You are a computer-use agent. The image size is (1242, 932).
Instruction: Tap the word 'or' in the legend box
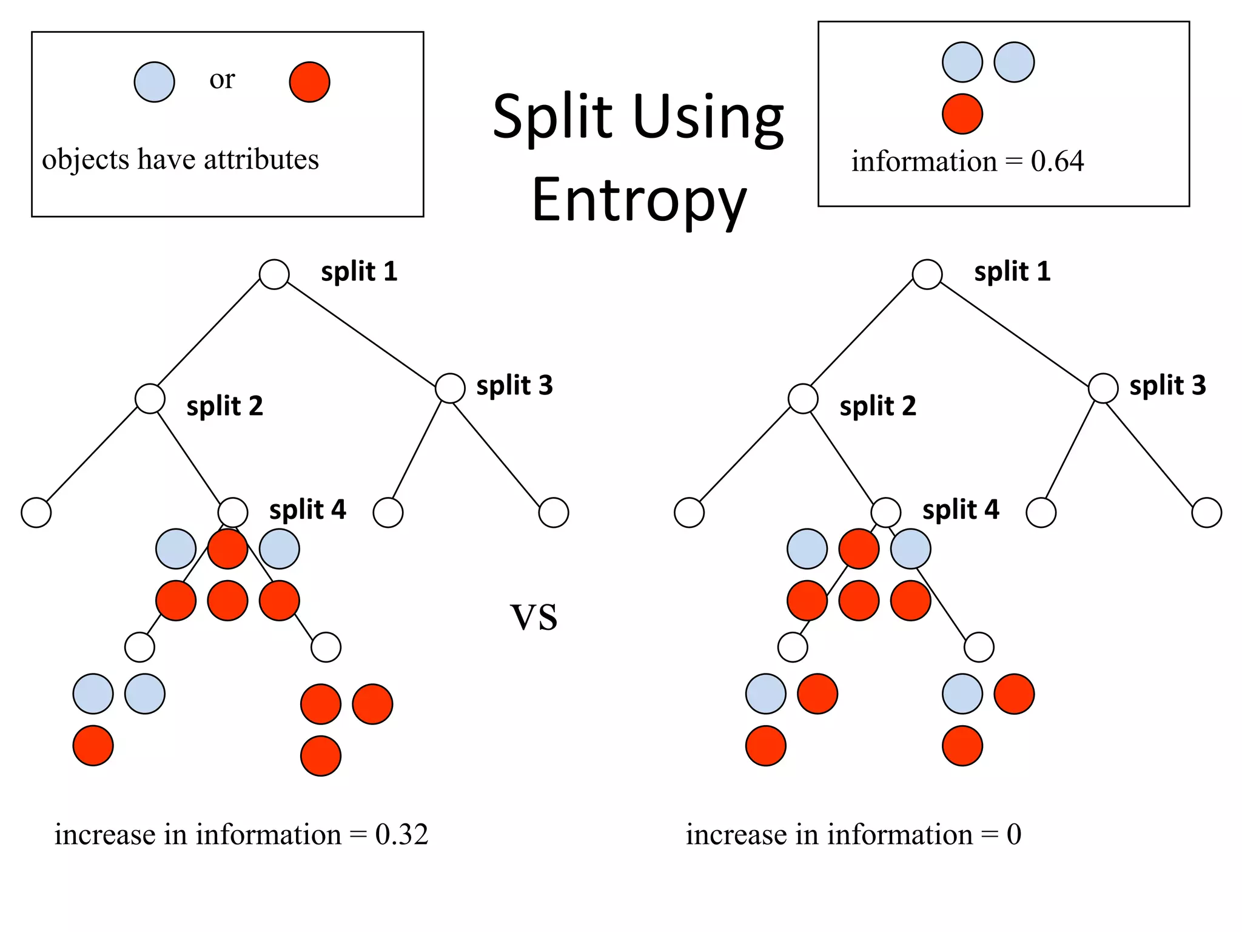pos(222,79)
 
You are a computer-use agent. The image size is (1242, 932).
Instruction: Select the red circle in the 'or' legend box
pos(309,82)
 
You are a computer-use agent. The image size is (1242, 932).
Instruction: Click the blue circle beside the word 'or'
pos(154,82)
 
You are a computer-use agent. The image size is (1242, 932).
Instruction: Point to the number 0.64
pos(1057,161)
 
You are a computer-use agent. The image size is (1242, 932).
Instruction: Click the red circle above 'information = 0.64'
pos(962,113)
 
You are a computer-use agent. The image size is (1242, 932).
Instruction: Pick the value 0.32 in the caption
pos(401,834)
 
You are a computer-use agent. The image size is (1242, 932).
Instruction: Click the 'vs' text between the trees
pos(534,616)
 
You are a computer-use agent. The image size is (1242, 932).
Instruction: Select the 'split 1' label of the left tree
pos(359,271)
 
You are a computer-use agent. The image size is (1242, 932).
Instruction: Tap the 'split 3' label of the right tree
pos(1167,385)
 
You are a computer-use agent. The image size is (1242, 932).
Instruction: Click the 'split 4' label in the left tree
pos(307,510)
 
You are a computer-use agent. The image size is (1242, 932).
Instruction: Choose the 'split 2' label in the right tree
pos(878,406)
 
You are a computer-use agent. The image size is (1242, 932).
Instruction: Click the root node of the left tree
pos(274,274)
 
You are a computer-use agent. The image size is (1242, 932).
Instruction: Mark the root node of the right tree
pos(927,274)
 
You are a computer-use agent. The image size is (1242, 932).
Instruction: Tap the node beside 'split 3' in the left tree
pos(450,388)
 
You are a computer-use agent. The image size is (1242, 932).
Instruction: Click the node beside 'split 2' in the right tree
pos(803,399)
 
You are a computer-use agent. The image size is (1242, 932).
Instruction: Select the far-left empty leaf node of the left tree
pos(36,513)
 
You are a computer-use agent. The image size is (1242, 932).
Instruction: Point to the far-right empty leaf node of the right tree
pos(1206,513)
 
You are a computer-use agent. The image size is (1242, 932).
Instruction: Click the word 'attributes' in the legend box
pos(261,160)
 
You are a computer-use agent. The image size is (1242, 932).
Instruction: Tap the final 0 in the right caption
pos(1014,834)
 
